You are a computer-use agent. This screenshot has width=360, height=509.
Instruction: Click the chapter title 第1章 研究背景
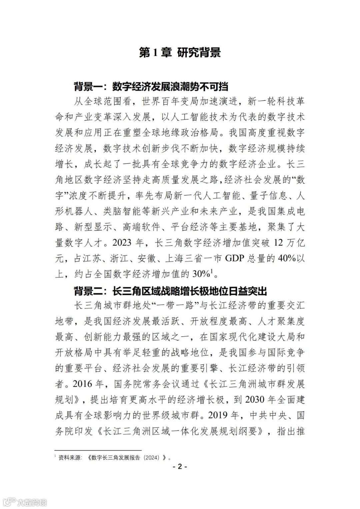pyautogui.click(x=180, y=53)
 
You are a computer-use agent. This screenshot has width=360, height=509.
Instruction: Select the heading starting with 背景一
pyautogui.click(x=151, y=87)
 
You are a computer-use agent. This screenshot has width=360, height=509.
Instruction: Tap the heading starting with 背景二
pyautogui.click(x=170, y=291)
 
